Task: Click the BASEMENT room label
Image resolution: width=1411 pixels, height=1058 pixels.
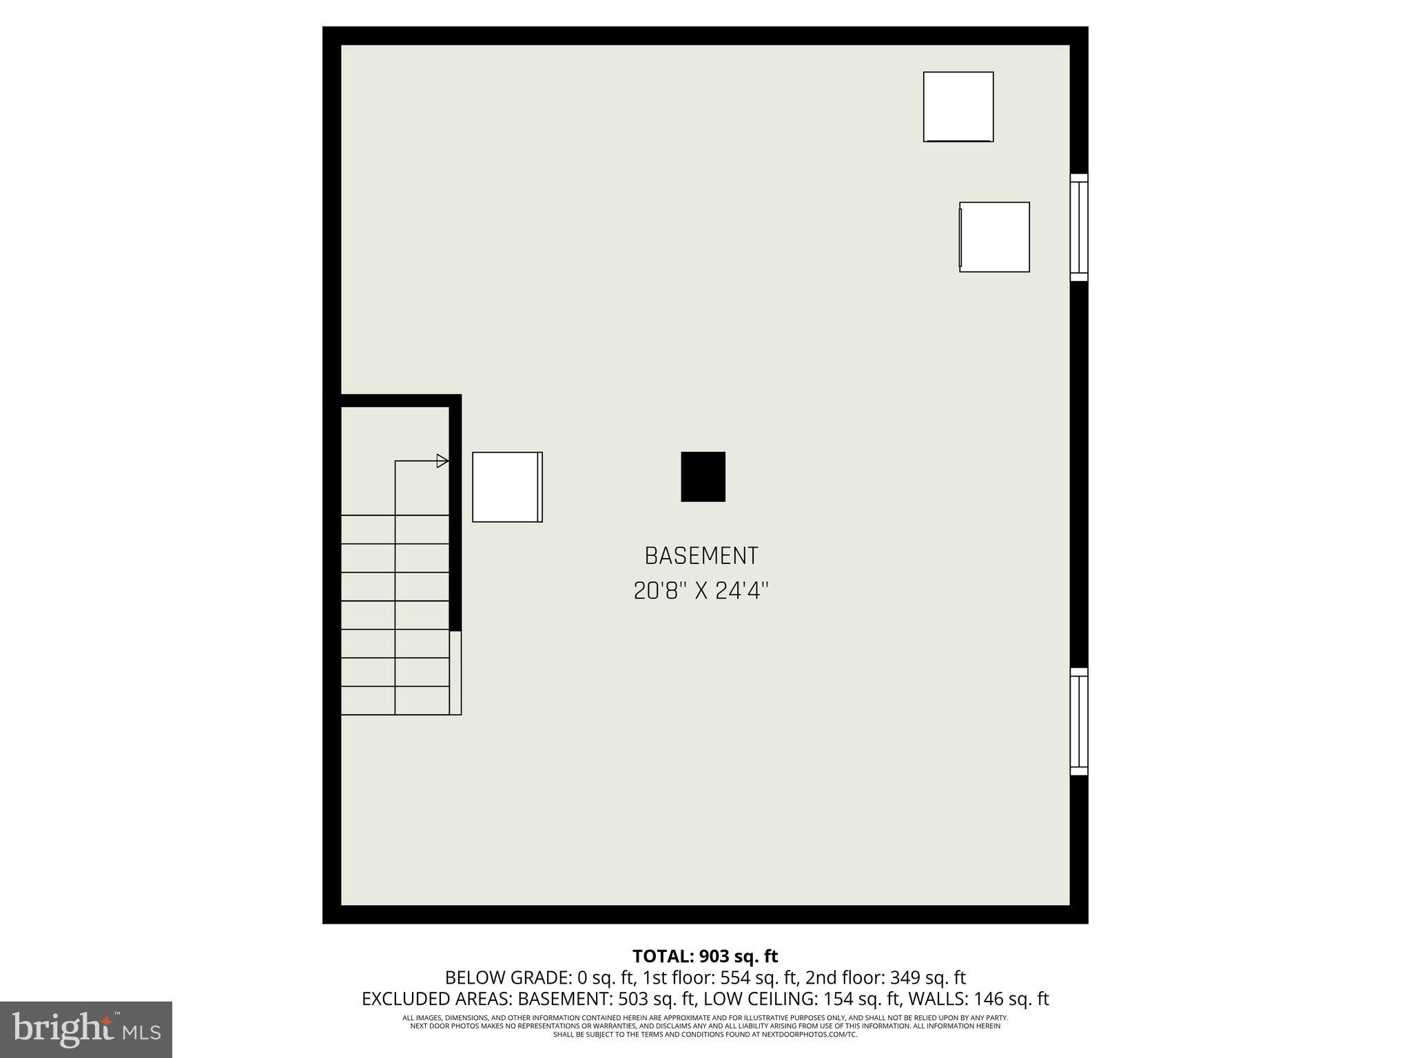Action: click(701, 555)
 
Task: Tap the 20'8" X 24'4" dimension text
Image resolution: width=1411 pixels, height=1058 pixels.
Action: click(701, 590)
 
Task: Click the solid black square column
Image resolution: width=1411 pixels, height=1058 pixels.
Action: click(703, 477)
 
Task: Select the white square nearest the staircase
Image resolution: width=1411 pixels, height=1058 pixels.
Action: click(507, 487)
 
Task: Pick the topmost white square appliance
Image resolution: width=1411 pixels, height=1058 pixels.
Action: click(958, 107)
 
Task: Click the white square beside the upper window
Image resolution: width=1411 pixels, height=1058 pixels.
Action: click(994, 237)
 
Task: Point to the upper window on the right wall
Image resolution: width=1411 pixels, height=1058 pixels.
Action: click(1079, 227)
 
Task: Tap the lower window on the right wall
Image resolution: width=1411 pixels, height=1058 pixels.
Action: click(1079, 721)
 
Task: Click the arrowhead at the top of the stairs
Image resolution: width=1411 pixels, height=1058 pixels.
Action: click(442, 461)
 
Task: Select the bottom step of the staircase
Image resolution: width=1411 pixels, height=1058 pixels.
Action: click(395, 701)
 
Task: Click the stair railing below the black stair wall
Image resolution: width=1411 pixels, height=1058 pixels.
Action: click(455, 672)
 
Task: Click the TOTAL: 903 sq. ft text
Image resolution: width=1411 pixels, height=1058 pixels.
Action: click(705, 956)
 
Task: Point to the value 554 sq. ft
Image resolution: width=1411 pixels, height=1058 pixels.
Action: click(759, 977)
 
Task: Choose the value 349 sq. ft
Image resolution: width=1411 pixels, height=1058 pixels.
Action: click(928, 977)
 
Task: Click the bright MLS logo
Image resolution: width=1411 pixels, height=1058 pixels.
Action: click(86, 1030)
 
